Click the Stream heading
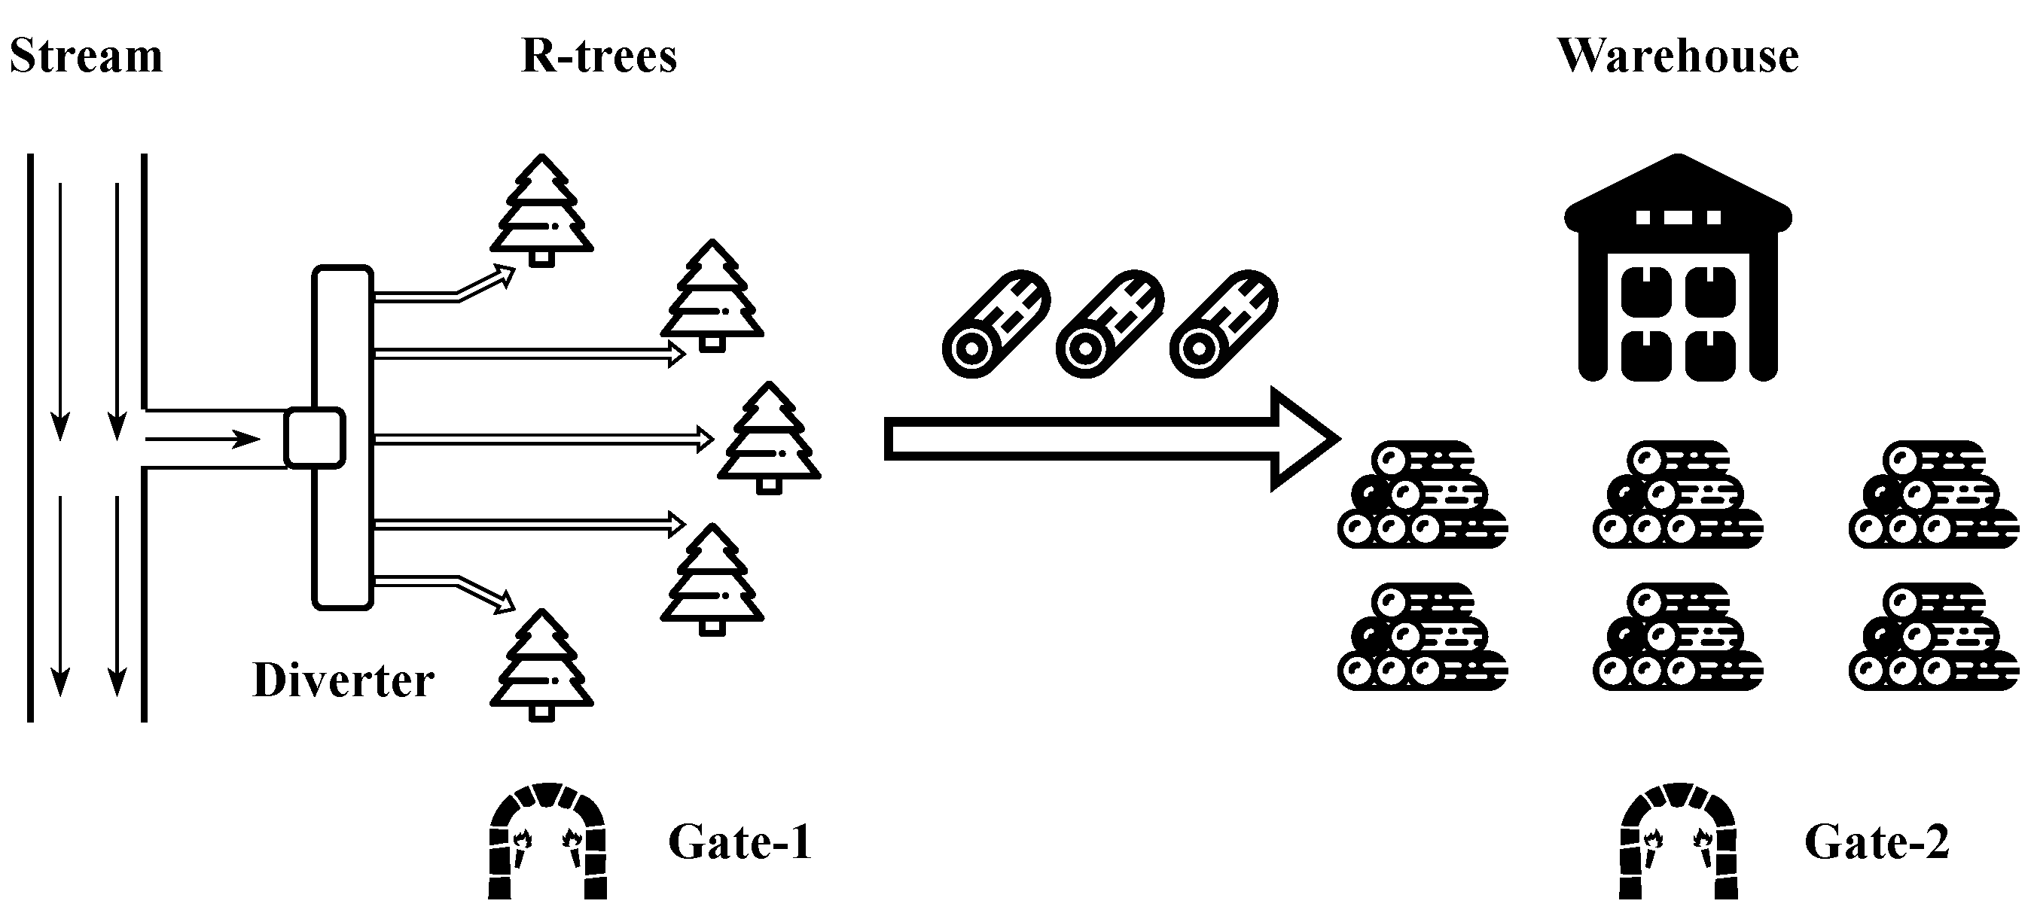point(85,57)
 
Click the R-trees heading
point(599,57)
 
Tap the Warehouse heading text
point(1677,57)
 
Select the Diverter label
point(343,680)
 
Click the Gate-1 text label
point(739,841)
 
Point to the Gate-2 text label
point(1876,841)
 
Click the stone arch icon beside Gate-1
point(547,841)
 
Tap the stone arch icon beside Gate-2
point(1678,841)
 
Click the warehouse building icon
point(1677,269)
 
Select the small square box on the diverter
point(314,438)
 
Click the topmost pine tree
point(541,210)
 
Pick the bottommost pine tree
point(541,665)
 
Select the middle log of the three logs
point(1109,324)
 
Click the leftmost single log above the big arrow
point(996,324)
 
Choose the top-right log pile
point(1933,495)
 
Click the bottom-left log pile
point(1421,638)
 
